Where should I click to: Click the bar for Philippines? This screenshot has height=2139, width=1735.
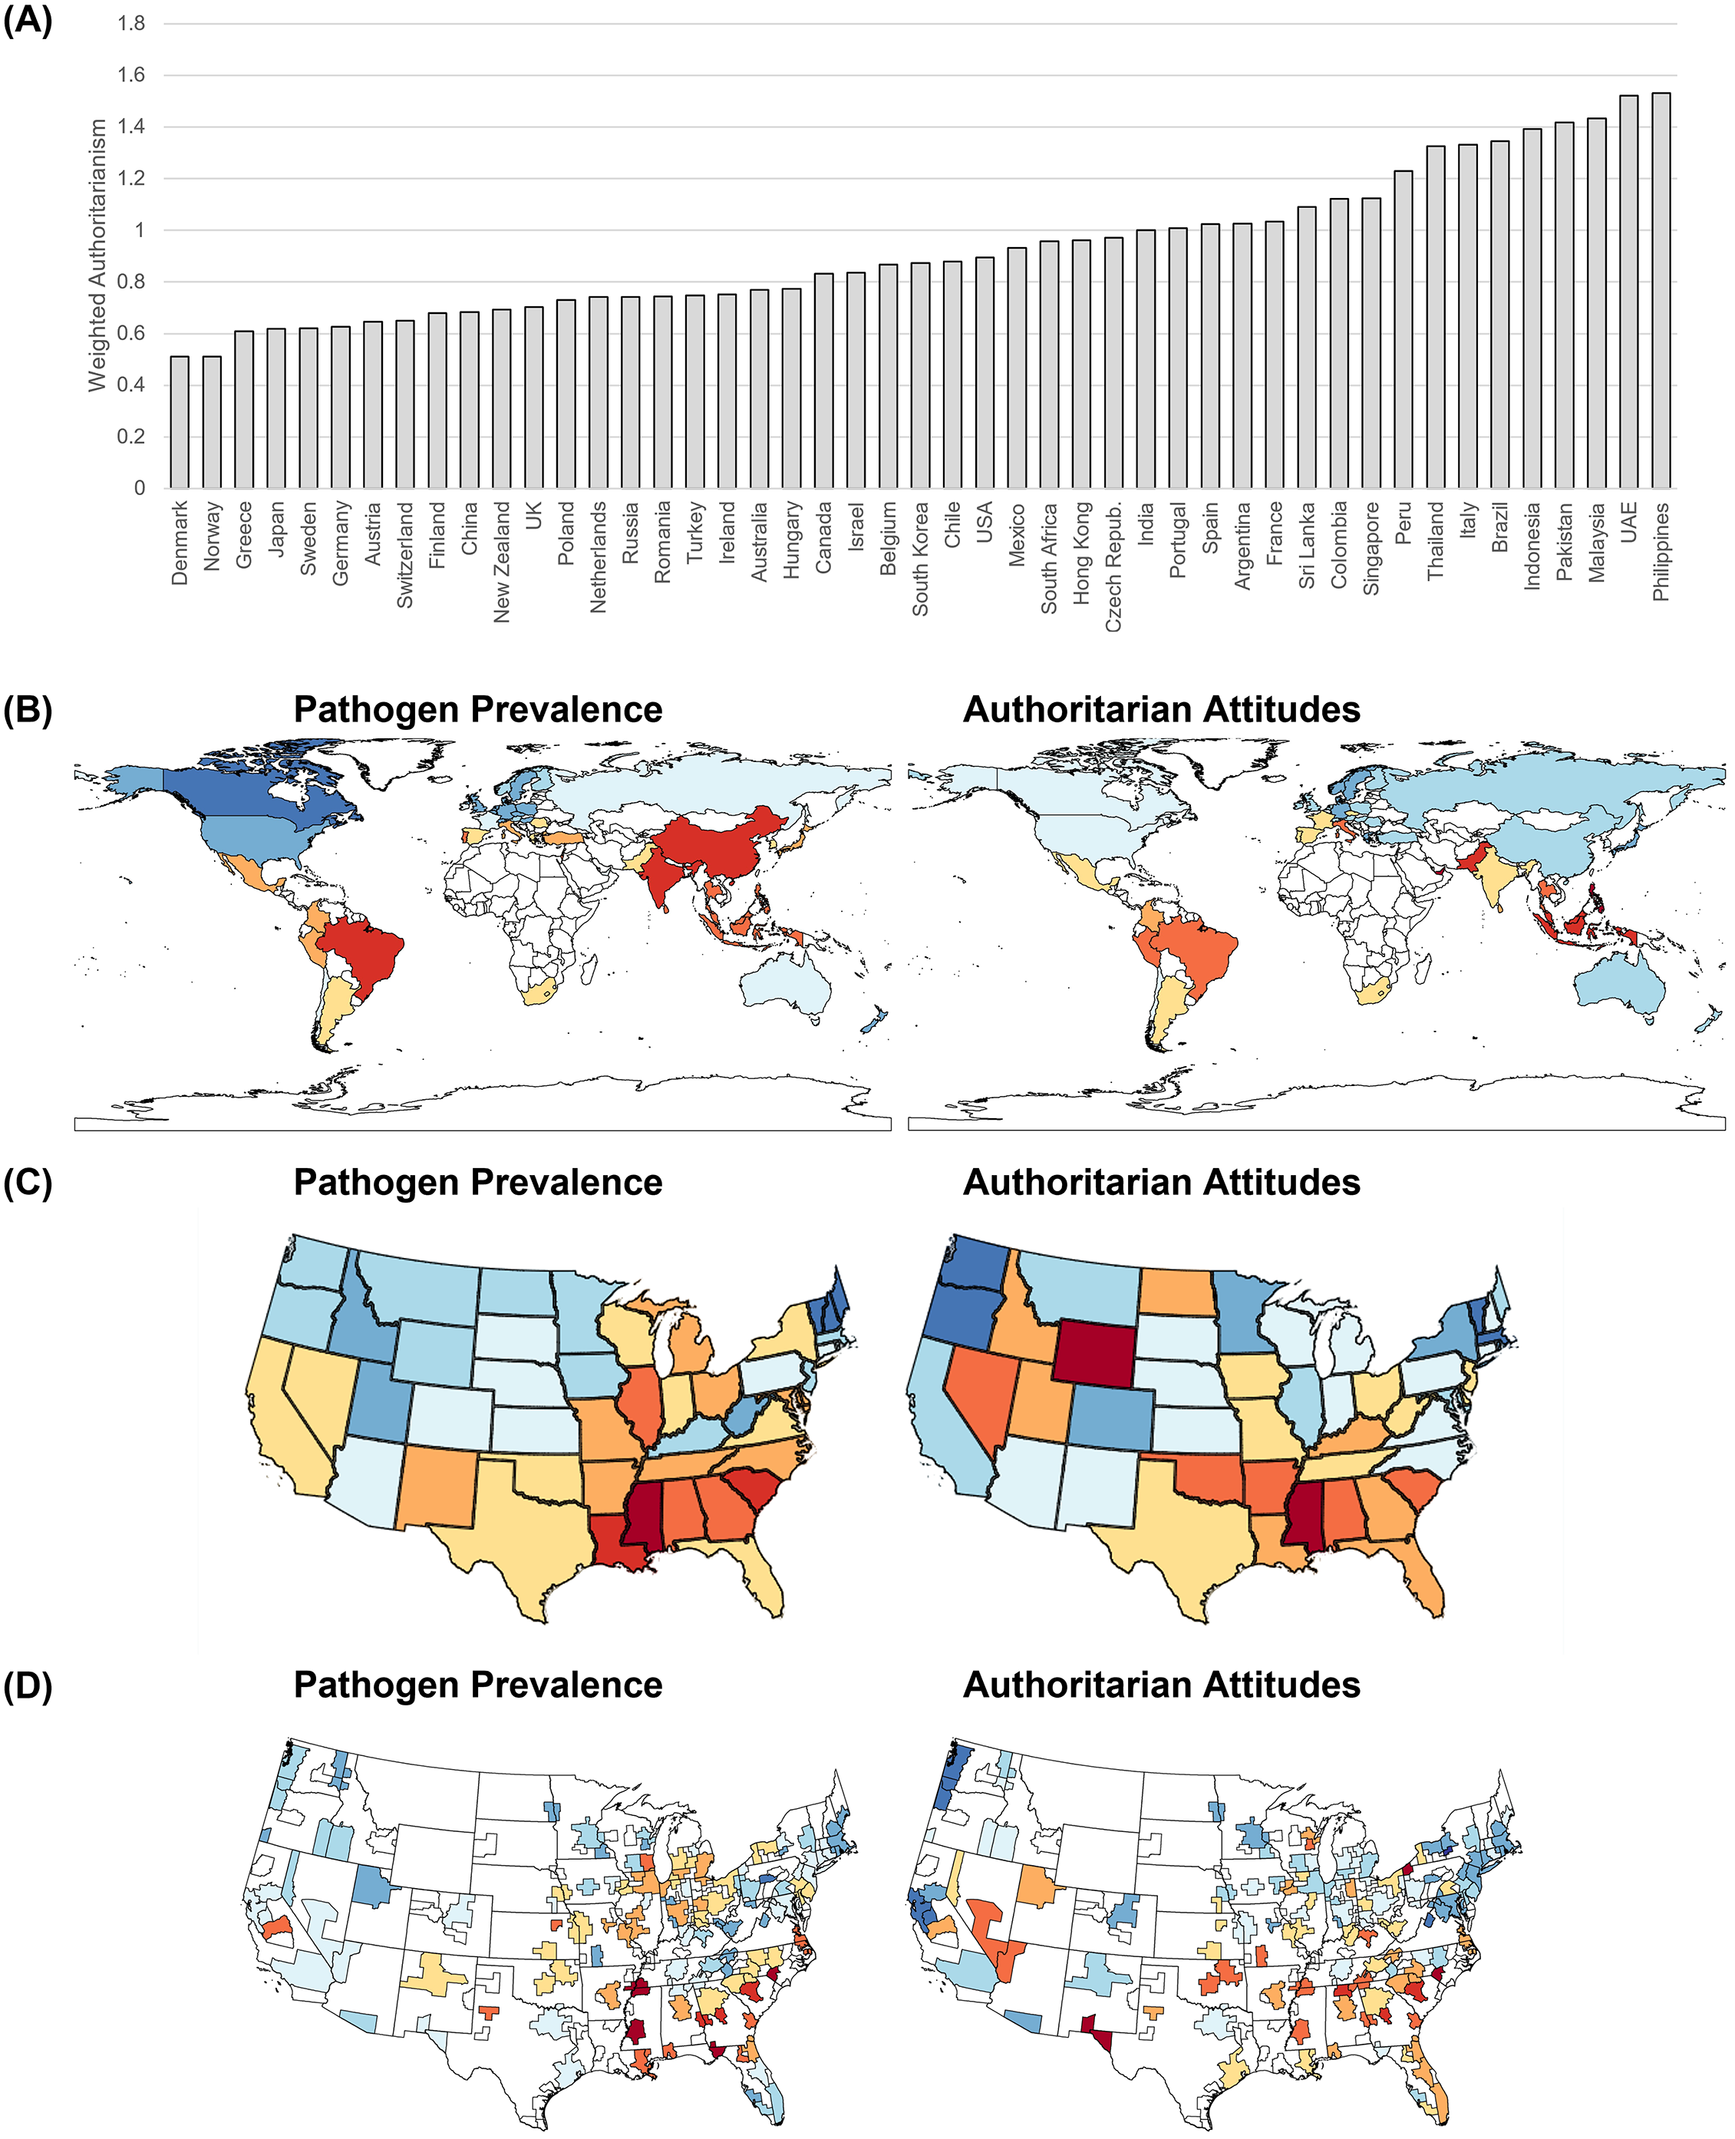coord(1661,290)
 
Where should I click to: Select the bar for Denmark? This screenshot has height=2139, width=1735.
coord(180,422)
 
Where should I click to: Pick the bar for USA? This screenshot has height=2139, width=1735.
coord(985,373)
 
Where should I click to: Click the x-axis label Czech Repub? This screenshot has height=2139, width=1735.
coord(1113,566)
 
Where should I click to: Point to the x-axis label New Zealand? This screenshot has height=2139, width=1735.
coord(502,563)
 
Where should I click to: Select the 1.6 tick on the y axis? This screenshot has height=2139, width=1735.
coord(131,75)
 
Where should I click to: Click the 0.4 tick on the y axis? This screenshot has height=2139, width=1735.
coord(131,385)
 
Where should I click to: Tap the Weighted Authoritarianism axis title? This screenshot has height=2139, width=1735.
coord(97,255)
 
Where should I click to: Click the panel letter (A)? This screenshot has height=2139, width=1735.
coord(27,20)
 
